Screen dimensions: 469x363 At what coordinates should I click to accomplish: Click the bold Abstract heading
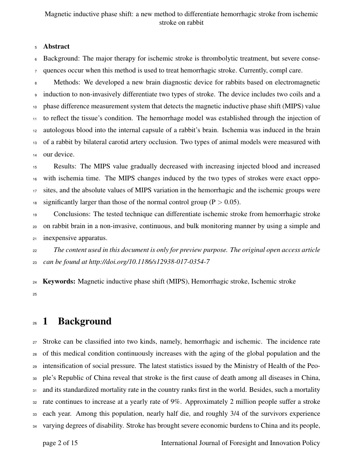point(56,46)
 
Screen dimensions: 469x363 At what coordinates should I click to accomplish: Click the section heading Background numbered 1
point(85,321)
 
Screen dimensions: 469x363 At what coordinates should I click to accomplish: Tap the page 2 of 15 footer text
point(60,443)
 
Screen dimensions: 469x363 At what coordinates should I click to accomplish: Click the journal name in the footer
point(240,443)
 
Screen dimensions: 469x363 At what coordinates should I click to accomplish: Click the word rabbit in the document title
point(195,23)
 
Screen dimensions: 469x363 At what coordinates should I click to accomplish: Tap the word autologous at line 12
point(58,130)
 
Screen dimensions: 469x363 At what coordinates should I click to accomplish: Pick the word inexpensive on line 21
point(61,238)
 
